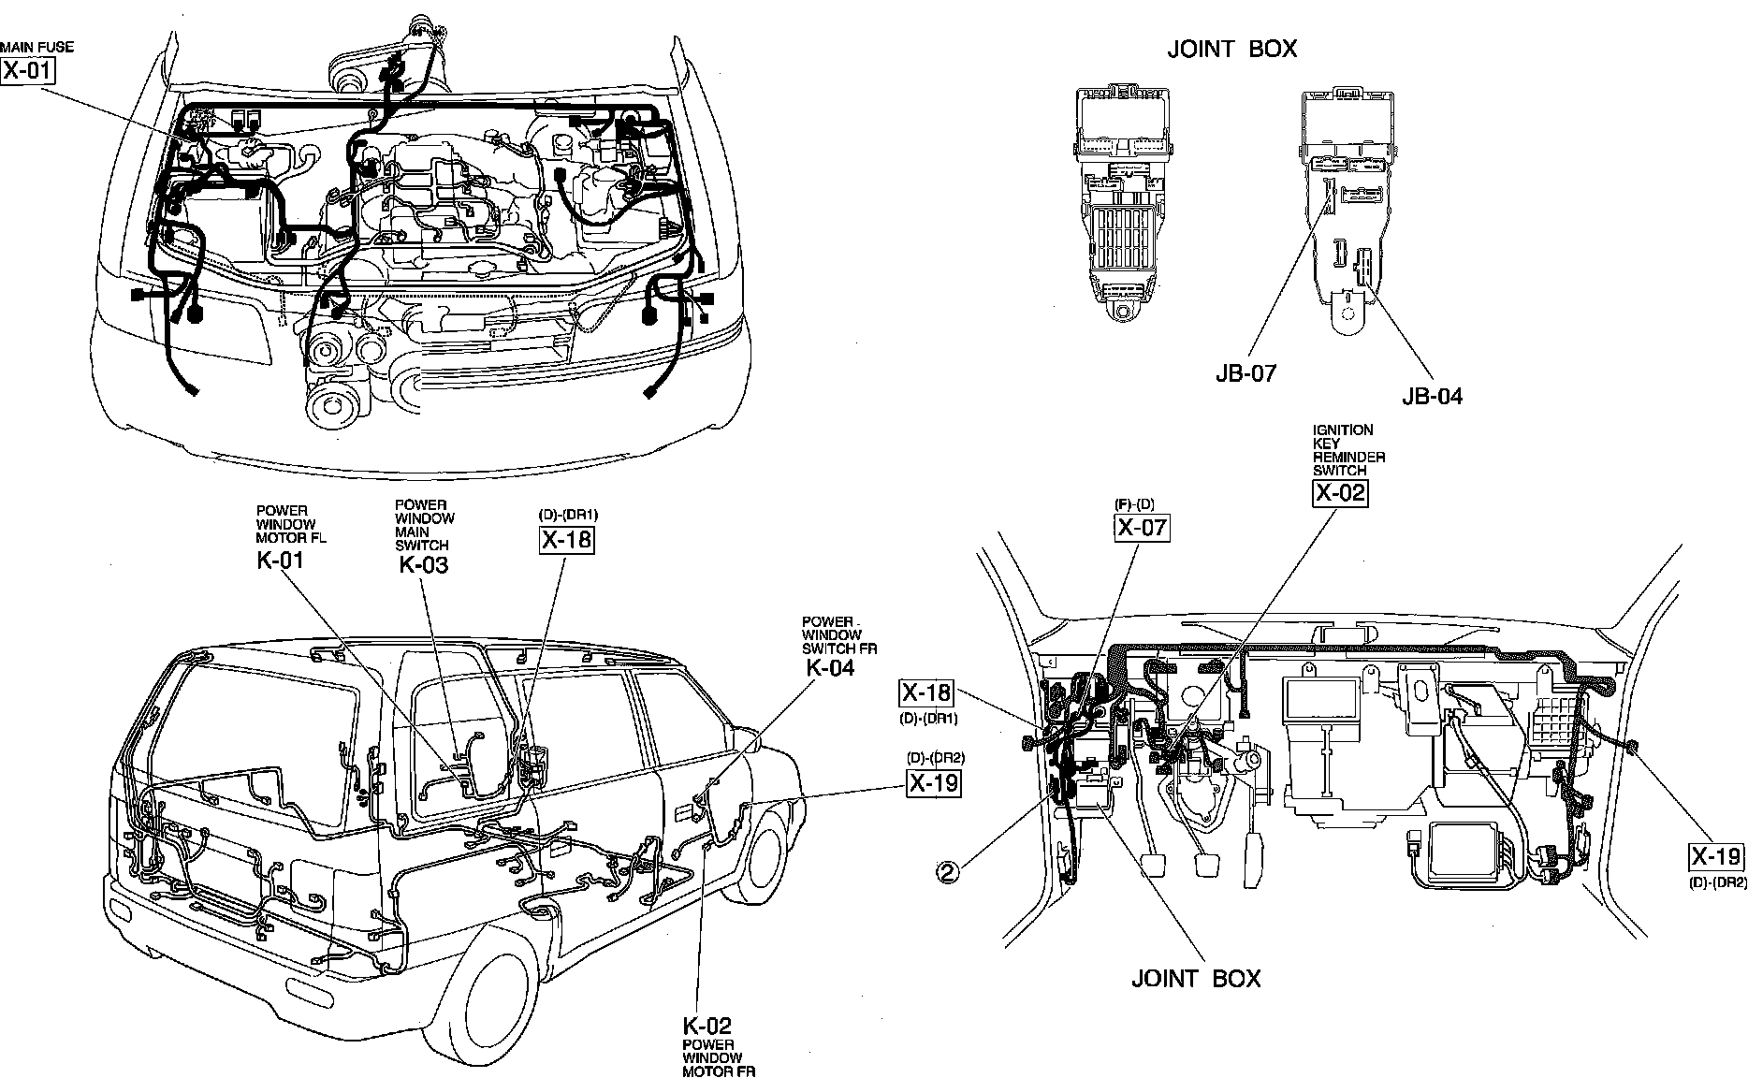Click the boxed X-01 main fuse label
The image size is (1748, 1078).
28,70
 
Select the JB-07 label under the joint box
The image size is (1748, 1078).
1245,373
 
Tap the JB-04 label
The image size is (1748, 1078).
1432,396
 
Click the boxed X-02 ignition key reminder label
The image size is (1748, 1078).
1340,493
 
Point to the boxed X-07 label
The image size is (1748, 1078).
1142,528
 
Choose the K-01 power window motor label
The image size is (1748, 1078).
281,561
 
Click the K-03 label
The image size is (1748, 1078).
423,564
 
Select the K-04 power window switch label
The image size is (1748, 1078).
830,667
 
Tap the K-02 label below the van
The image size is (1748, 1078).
706,1025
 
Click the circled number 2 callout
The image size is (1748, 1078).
949,872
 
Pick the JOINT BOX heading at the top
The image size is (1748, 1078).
1231,50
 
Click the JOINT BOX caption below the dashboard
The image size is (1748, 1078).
1196,979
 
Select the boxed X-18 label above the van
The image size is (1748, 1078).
567,539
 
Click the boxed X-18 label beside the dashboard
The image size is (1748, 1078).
925,693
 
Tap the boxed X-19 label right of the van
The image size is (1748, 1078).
934,782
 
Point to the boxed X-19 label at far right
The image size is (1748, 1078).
1716,856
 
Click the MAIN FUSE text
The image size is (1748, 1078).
36,47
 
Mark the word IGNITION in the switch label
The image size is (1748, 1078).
1343,430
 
